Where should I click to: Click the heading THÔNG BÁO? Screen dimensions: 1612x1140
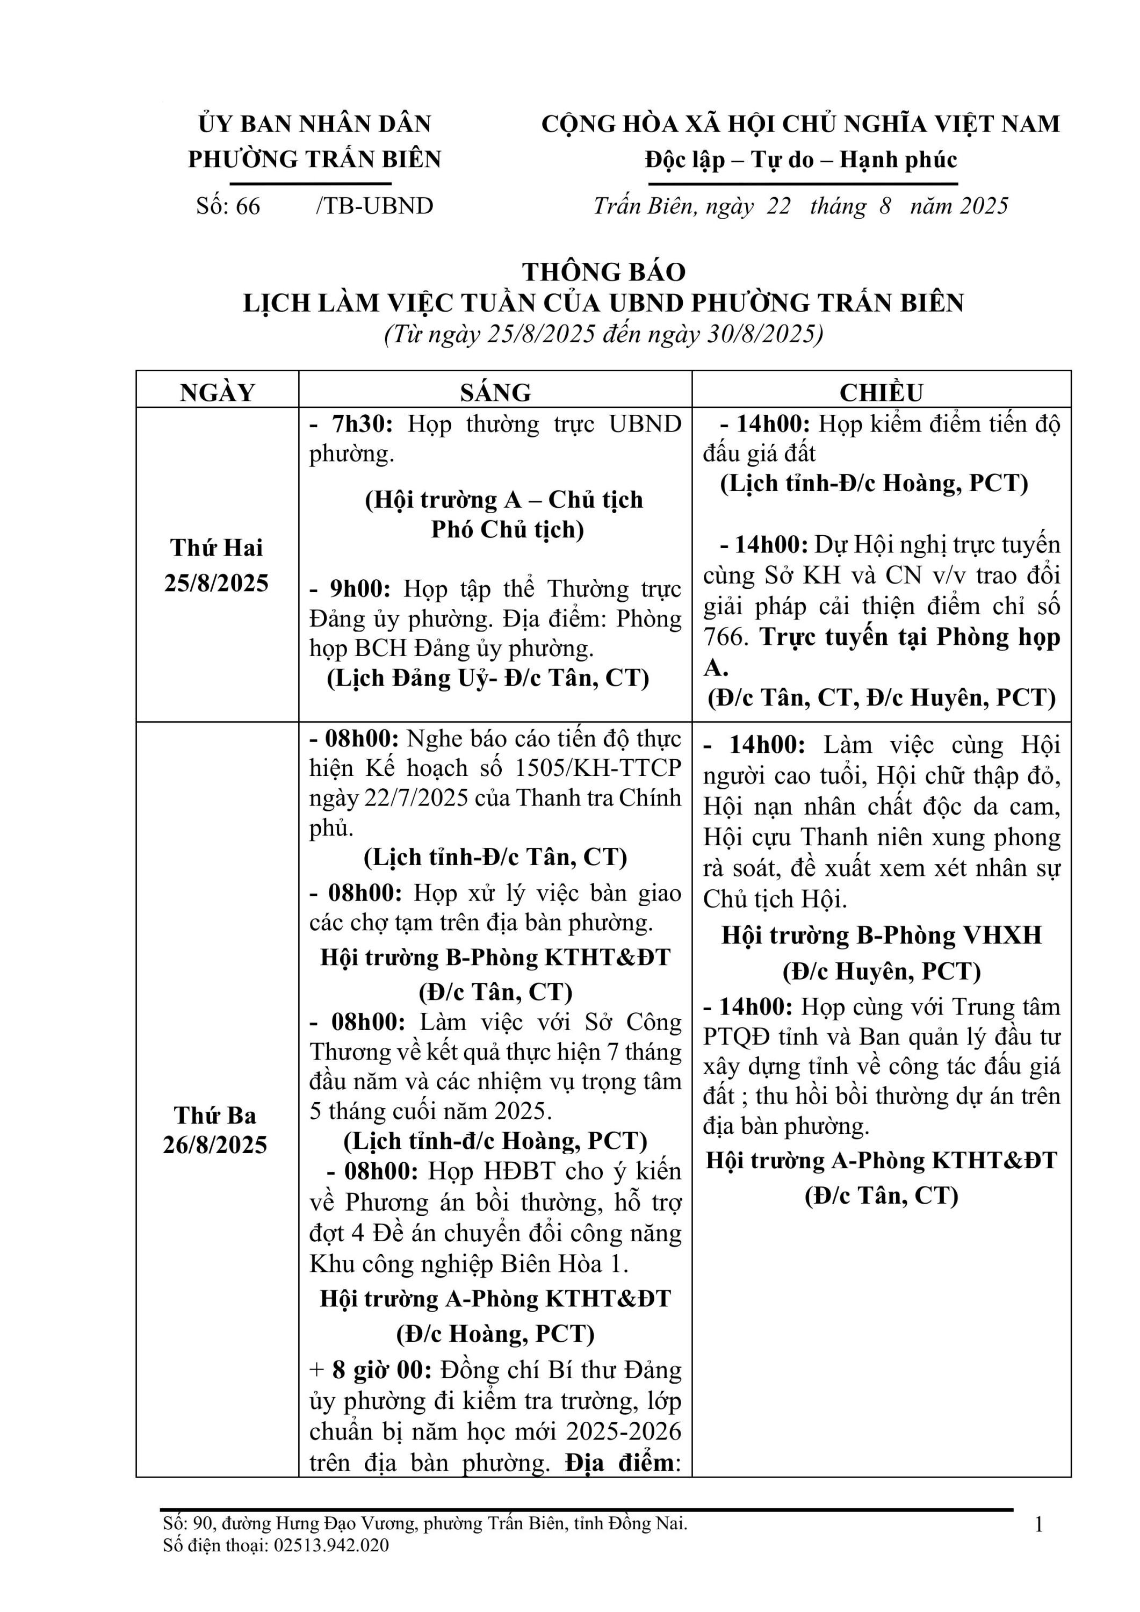(604, 272)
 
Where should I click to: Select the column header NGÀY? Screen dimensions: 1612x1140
(217, 392)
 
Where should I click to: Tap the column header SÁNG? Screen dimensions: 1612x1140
(495, 392)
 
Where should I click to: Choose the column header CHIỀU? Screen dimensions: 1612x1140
(882, 392)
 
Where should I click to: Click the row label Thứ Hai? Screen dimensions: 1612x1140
(216, 547)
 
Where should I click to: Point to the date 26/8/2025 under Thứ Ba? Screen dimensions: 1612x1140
(215, 1145)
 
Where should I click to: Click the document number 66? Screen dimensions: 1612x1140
(247, 206)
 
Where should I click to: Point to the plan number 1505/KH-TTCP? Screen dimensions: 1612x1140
(598, 768)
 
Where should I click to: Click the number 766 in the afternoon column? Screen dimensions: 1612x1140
(724, 637)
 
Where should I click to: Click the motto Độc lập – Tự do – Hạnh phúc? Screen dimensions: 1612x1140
(801, 160)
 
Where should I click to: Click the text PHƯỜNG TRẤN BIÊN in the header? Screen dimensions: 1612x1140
(314, 160)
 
